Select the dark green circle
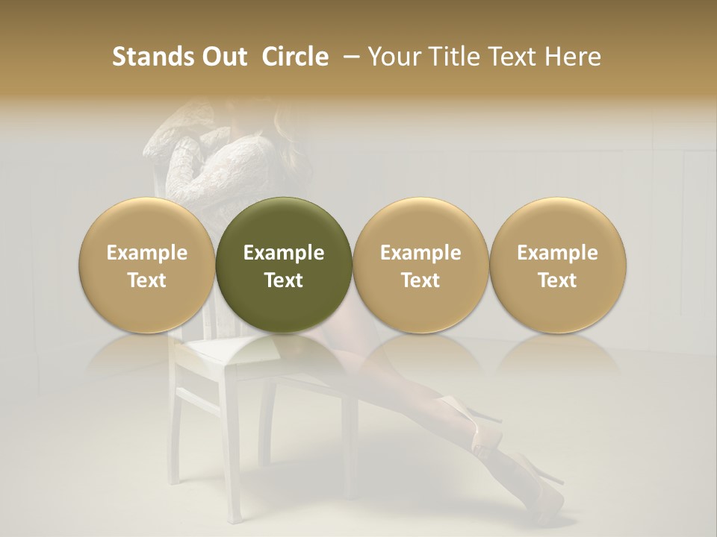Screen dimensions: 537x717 click(284, 265)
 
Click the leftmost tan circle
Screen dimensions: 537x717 click(147, 265)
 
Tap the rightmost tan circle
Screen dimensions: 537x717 click(557, 265)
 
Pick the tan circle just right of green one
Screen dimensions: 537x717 click(420, 265)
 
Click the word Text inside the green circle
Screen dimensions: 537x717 click(284, 280)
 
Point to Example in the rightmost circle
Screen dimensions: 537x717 click(557, 253)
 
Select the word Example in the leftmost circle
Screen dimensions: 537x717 click(147, 253)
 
